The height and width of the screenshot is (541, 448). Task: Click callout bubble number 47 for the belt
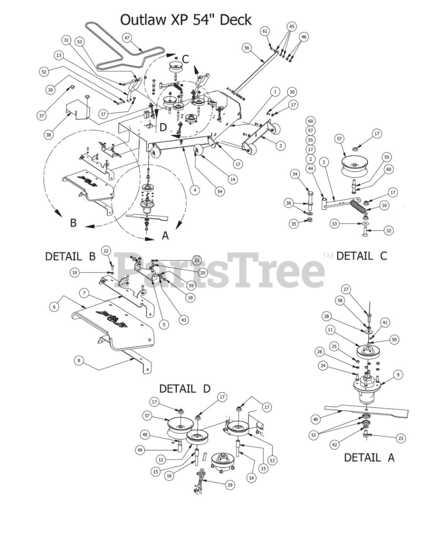coord(126,38)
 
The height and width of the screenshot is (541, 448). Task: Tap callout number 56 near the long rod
coord(247,48)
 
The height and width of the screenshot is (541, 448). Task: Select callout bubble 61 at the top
coord(265,31)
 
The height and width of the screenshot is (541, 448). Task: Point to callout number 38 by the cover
coord(49,135)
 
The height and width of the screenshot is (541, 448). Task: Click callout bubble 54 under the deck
coord(220,191)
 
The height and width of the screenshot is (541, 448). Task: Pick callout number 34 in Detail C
coord(295,174)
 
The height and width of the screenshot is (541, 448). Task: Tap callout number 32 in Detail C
coord(389,231)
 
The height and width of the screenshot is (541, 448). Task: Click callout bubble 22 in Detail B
coord(106,251)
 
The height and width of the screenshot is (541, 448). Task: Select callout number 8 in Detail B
coord(79,361)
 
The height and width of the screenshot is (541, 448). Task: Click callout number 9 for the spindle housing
coord(398,374)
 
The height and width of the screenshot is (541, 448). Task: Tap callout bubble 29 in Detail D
coord(230,485)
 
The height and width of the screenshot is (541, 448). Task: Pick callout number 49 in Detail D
coord(140,450)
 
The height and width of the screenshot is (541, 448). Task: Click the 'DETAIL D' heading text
coord(185,389)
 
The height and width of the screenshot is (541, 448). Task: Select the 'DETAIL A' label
coord(369,458)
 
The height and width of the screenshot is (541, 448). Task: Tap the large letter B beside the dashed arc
coord(74,223)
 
